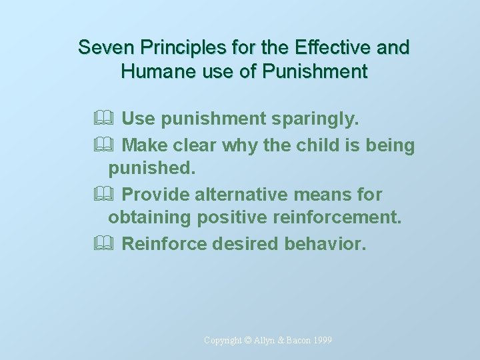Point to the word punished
pos(152,169)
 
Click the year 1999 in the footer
pos(321,341)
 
